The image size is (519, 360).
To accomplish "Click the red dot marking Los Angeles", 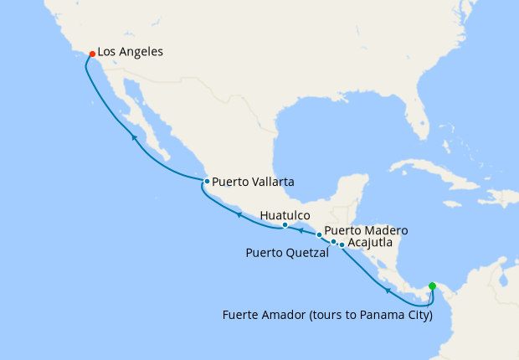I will click(x=92, y=54).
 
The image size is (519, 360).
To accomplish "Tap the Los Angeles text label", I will click(x=130, y=52).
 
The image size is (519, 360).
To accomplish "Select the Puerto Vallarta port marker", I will click(x=207, y=181).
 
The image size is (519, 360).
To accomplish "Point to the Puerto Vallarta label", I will click(x=253, y=181).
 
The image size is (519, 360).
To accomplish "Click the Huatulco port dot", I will click(x=285, y=225).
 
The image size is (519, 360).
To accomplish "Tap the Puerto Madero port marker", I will click(x=319, y=234).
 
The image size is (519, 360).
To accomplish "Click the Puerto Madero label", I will click(x=366, y=230).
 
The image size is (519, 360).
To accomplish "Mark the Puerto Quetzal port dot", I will click(x=334, y=242).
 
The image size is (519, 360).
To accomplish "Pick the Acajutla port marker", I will click(x=342, y=244).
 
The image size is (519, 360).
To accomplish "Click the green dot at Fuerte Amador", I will click(x=432, y=286).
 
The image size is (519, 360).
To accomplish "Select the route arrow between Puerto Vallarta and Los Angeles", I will click(x=133, y=136).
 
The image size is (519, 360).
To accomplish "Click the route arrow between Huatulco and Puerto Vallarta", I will click(x=239, y=214).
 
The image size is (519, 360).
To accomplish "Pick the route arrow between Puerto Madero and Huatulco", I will click(x=301, y=229).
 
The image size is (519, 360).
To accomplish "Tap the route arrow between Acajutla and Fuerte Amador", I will click(x=388, y=291).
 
